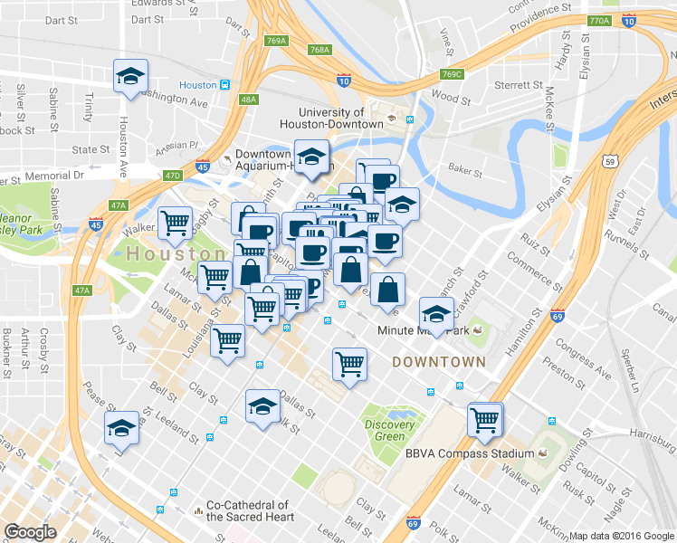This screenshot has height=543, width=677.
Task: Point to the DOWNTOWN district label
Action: [x=439, y=361]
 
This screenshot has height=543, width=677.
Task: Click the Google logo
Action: [x=30, y=531]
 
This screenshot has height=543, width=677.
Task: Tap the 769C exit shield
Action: [x=453, y=74]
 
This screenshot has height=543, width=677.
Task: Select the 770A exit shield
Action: [x=597, y=21]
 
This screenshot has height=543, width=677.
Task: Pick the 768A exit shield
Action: [x=319, y=51]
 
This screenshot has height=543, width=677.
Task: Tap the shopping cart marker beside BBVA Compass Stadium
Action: [x=485, y=419]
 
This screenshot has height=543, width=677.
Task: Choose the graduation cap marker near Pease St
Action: [x=121, y=430]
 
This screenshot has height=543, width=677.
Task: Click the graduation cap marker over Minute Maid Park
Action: [x=437, y=315]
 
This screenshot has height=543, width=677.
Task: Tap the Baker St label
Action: [x=464, y=169]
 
